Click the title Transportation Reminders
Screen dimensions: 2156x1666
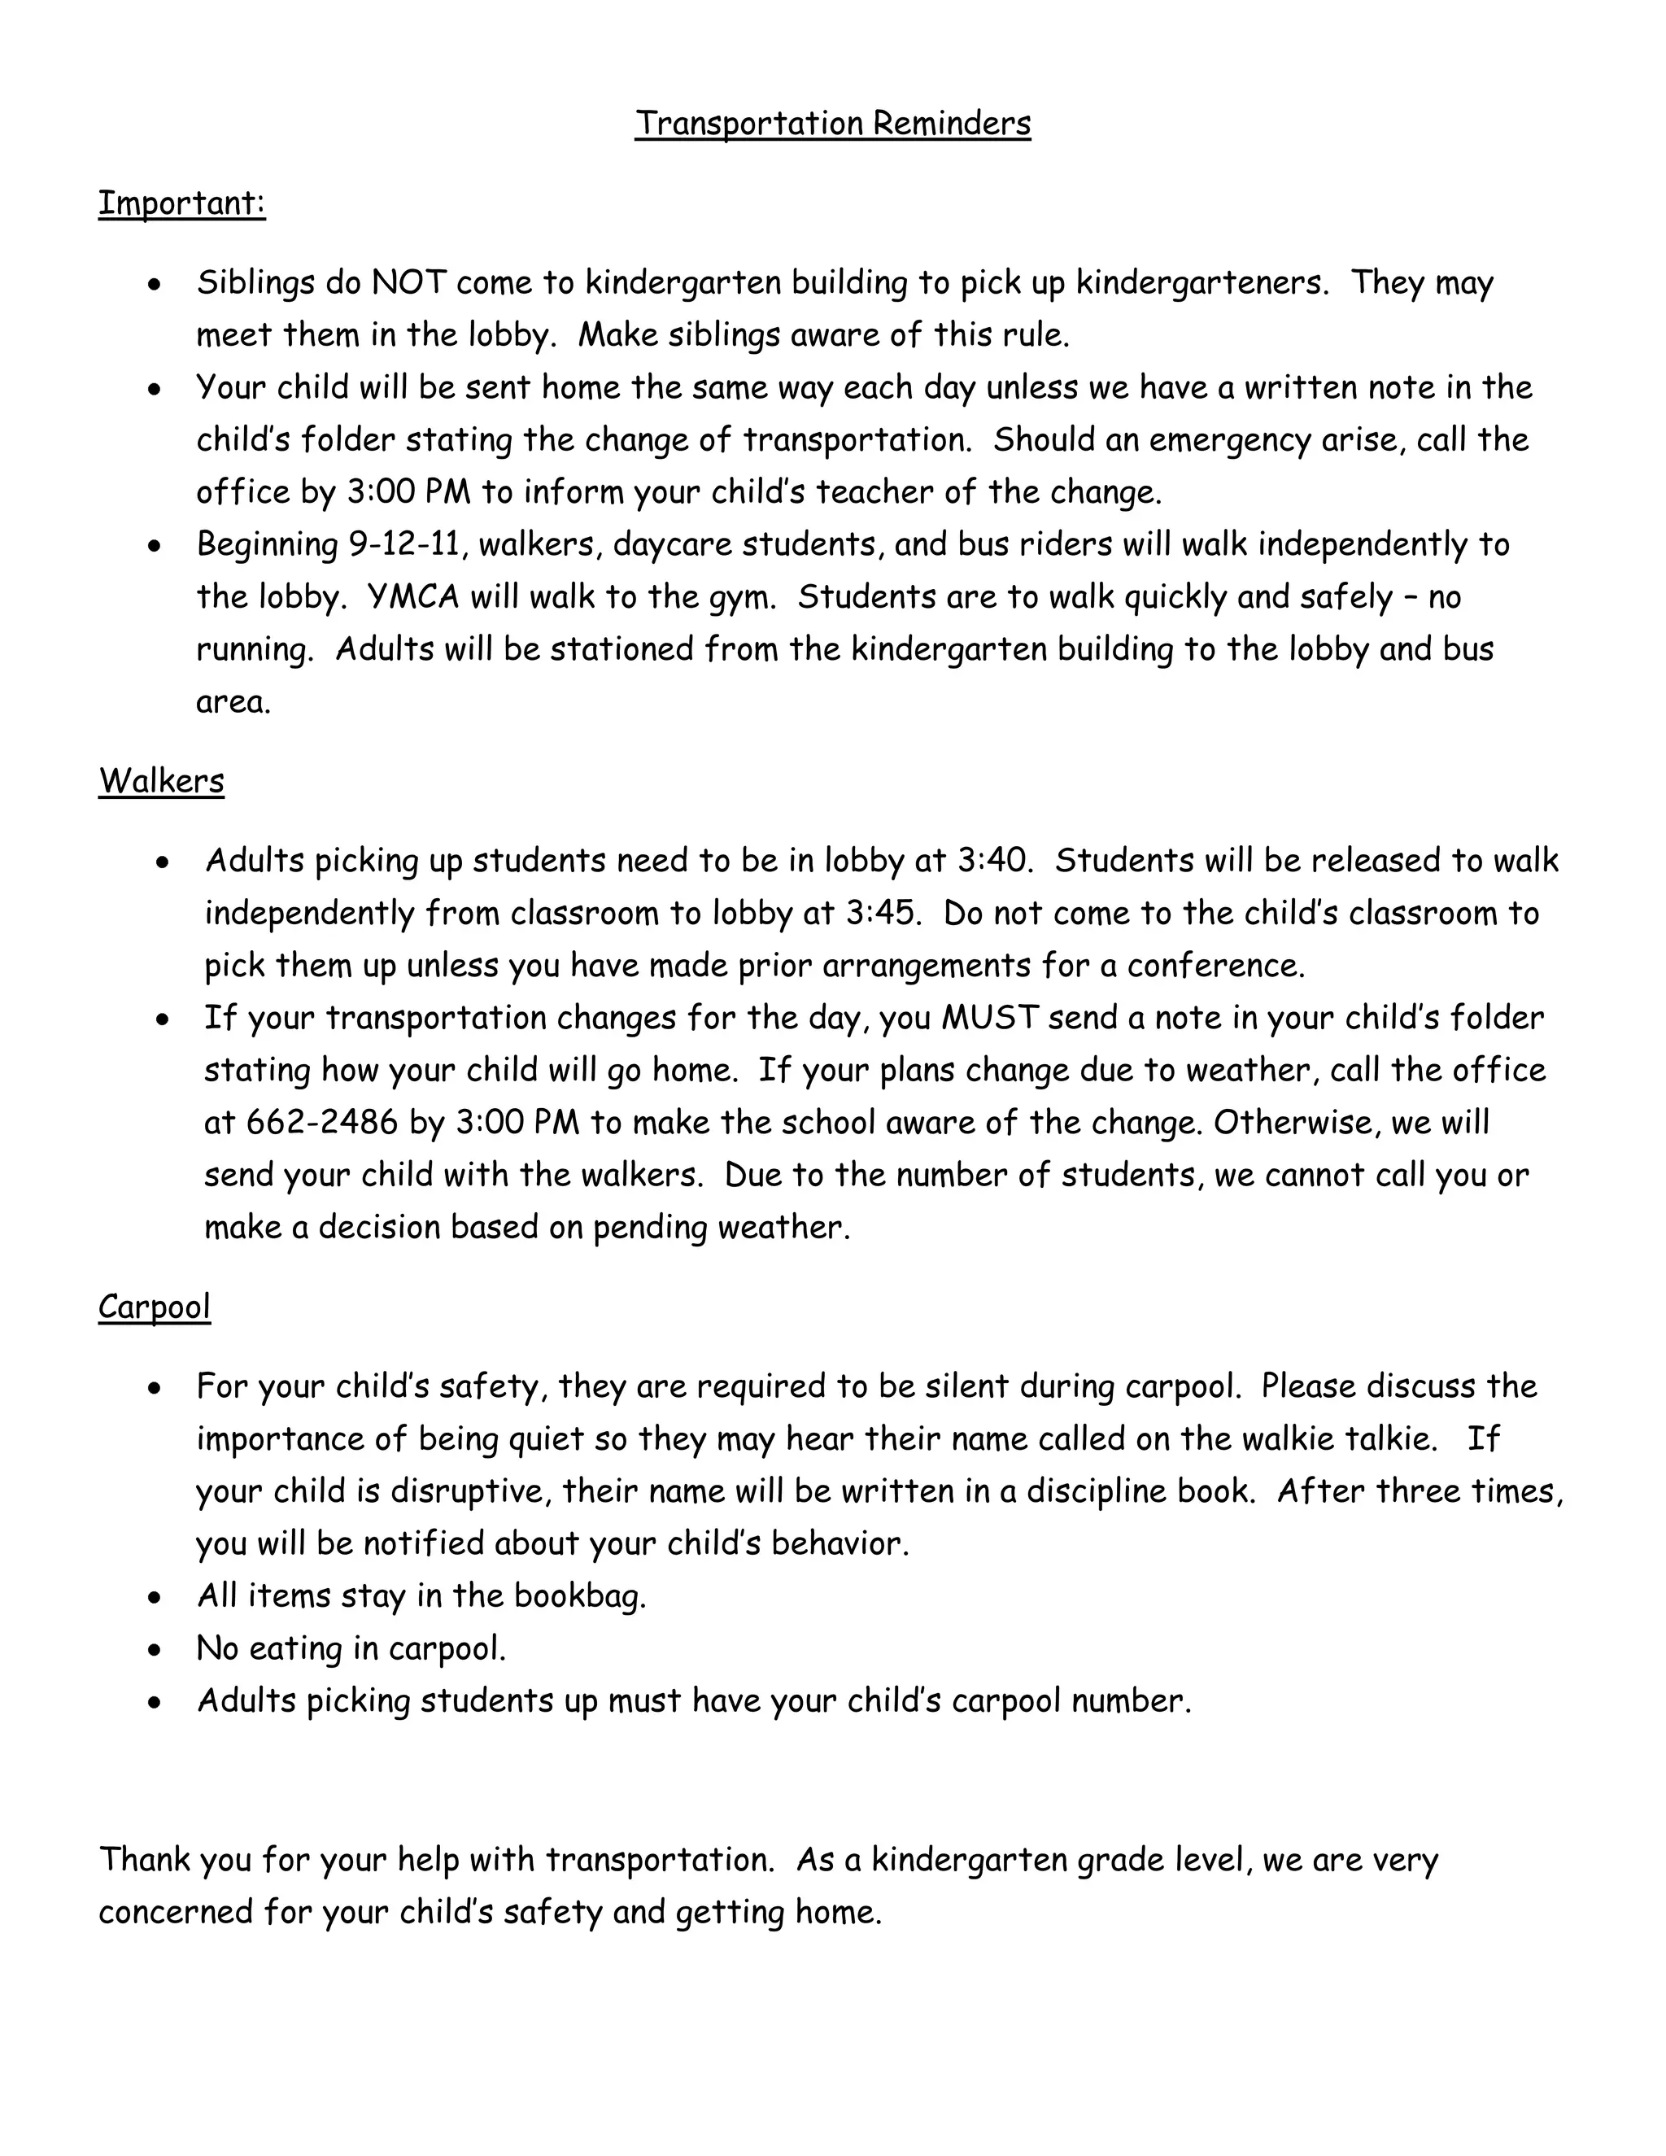(832, 124)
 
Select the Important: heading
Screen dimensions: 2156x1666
(181, 203)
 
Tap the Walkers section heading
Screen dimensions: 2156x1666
(161, 781)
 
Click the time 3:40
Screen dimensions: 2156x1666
(995, 861)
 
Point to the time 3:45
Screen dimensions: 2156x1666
(883, 913)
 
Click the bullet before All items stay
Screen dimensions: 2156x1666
(154, 1597)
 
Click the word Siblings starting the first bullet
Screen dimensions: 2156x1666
(255, 283)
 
